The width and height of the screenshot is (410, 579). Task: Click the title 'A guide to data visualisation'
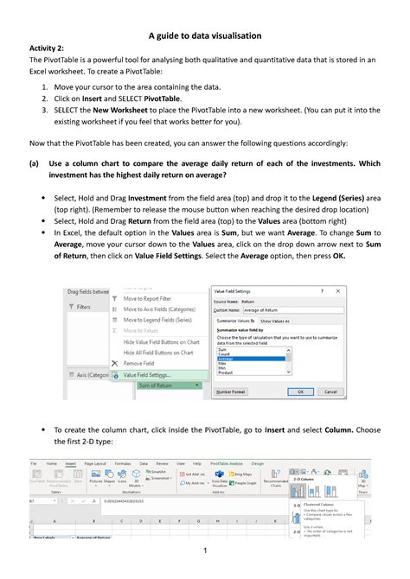205,35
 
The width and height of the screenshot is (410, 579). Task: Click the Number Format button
233,391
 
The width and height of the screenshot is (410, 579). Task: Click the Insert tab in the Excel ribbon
71,463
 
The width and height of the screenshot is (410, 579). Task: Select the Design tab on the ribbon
280,463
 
